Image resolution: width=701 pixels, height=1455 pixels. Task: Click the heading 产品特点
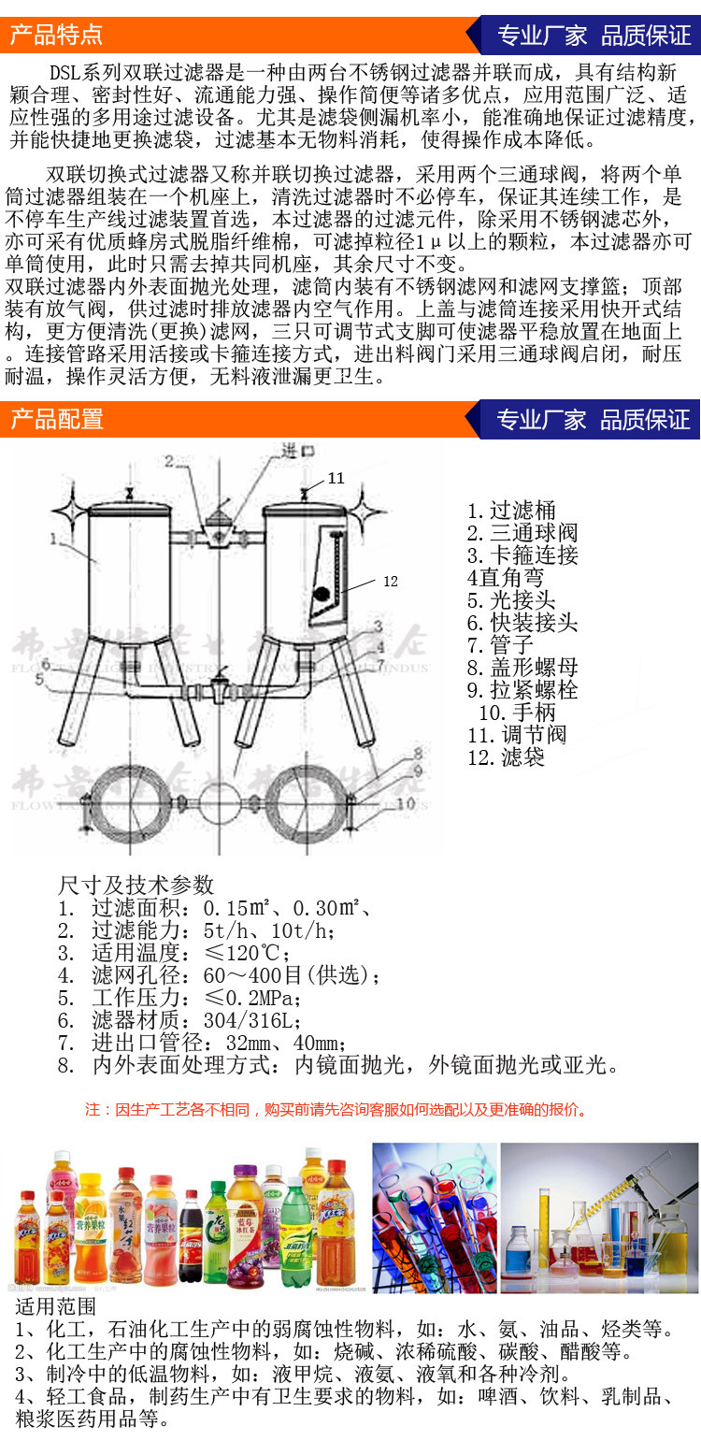pos(56,36)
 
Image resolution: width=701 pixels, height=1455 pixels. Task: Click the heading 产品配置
pos(56,419)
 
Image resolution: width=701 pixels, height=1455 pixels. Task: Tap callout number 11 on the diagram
pos(336,478)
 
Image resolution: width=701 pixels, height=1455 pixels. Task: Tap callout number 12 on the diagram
pos(391,582)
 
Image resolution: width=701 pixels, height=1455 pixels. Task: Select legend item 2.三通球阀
pos(522,533)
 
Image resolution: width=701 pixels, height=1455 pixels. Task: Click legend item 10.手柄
pos(522,713)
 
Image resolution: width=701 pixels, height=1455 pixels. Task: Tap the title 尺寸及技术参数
pos(136,885)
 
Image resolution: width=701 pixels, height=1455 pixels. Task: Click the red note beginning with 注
pos(336,1110)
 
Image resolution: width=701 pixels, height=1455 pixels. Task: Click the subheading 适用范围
pos(55,1306)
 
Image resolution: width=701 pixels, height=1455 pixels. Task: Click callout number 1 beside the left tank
pos(55,539)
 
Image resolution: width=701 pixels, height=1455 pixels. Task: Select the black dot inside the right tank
pos(319,593)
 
